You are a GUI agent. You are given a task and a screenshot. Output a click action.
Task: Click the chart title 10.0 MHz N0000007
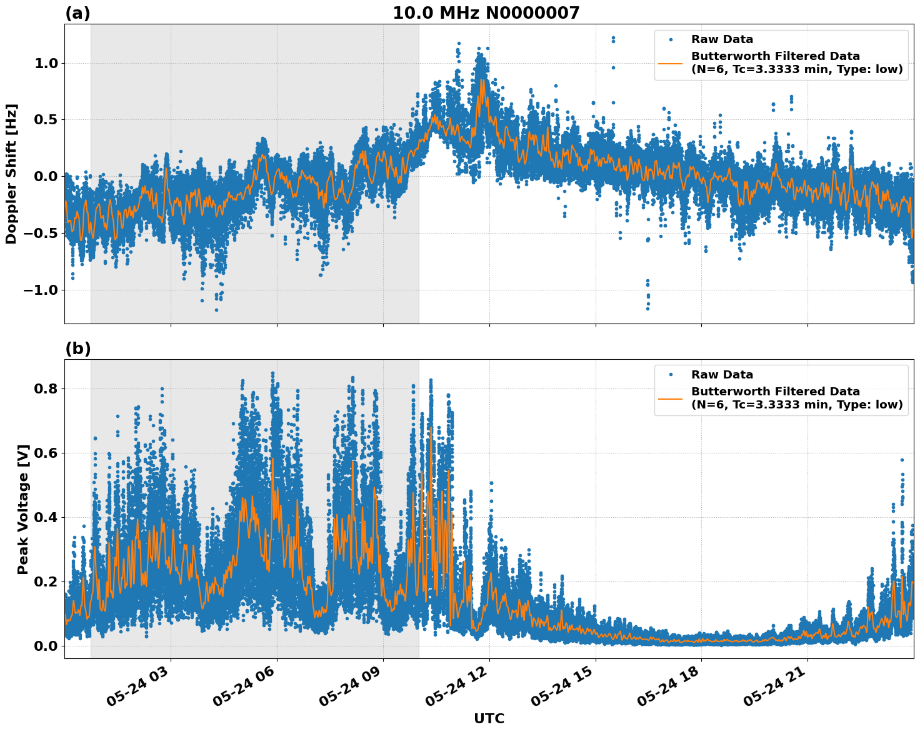486,13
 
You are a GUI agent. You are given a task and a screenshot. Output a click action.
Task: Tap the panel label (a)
77,13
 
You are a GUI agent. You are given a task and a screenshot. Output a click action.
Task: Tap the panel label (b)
77,349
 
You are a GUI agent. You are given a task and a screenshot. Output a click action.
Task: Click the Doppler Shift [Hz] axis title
11,174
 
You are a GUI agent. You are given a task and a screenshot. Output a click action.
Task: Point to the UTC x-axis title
489,718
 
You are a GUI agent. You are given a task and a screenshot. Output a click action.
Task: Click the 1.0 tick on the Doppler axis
46,63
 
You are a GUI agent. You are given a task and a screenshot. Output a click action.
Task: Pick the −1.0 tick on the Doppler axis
41,290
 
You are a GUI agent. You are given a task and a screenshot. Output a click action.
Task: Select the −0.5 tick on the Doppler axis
41,233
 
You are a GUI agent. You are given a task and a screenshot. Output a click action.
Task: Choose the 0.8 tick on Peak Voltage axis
46,388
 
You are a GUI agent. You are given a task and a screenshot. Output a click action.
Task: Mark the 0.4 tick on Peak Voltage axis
46,517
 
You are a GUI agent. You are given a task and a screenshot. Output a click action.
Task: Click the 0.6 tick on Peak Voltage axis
46,453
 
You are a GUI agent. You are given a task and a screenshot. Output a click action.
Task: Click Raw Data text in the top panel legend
722,39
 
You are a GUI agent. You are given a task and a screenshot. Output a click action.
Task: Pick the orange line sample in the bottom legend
671,398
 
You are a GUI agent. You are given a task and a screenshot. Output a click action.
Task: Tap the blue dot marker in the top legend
671,39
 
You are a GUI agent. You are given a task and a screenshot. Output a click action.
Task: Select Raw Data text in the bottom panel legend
722,375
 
